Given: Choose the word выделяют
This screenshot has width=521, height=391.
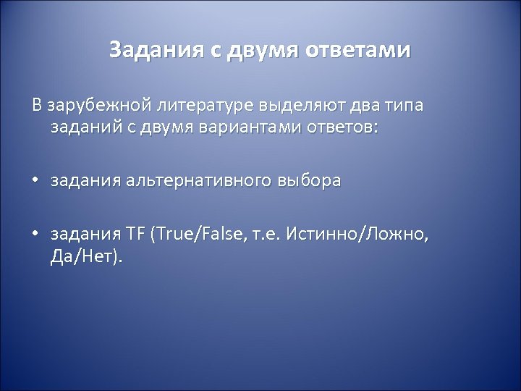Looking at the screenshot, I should [297, 107].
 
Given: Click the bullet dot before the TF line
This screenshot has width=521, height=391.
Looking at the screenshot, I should [35, 235].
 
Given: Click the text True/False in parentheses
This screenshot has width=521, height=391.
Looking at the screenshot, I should [199, 234].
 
